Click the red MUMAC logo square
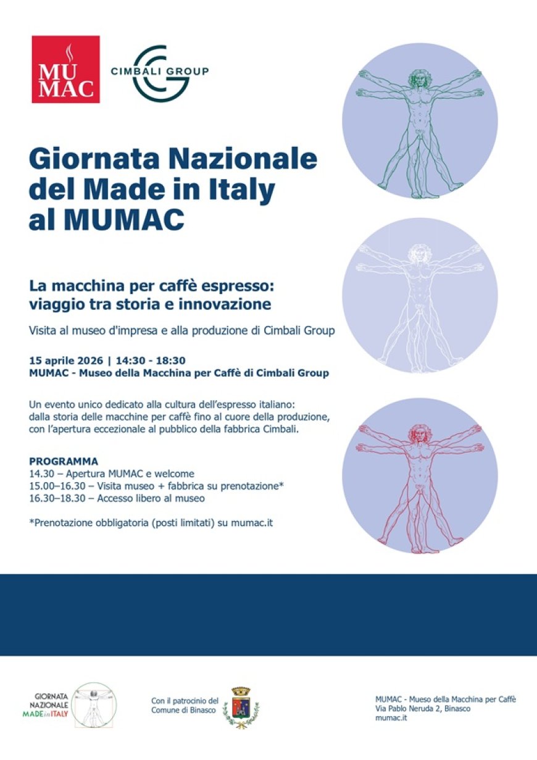[65, 69]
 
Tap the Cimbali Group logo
[159, 72]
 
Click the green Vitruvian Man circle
[420, 120]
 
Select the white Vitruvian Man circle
[420, 295]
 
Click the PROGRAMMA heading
[64, 462]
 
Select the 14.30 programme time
[43, 474]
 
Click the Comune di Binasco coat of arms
[241, 706]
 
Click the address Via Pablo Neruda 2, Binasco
[423, 709]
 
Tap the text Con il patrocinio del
[185, 701]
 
